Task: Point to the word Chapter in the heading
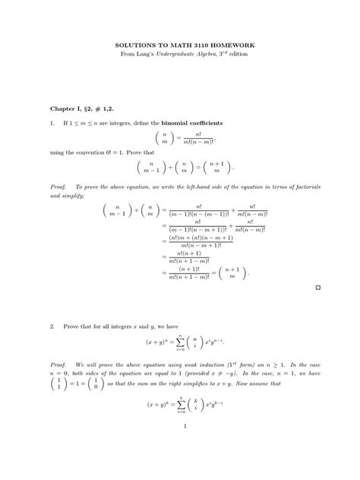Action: [65, 109]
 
